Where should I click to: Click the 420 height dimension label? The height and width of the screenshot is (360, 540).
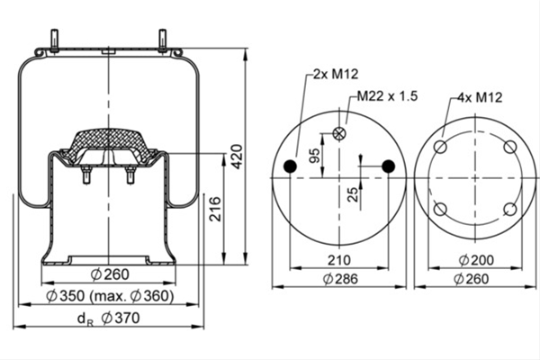pos(237,157)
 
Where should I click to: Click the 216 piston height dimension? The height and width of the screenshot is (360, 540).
pos(215,209)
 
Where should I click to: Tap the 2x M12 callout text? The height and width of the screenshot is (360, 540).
pos(336,74)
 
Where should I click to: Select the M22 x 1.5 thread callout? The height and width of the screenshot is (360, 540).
pos(387,95)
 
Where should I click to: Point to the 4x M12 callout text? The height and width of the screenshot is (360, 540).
pos(480,97)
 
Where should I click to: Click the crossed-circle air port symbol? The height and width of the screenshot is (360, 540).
pos(339,133)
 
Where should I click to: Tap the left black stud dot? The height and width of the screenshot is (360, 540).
pos(290,166)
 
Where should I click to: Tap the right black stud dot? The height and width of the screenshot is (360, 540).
pos(389,166)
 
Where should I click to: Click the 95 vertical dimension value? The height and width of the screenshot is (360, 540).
pos(314,156)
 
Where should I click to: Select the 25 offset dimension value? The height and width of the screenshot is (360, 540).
pos(352,194)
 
